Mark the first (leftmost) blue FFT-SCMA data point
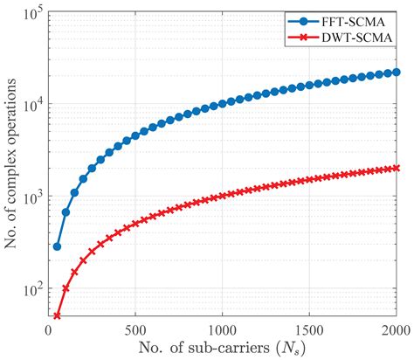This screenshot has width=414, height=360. click(58, 246)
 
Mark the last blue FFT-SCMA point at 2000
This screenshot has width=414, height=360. click(397, 73)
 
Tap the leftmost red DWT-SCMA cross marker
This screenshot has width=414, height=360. click(58, 315)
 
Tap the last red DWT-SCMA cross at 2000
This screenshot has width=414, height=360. click(397, 168)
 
